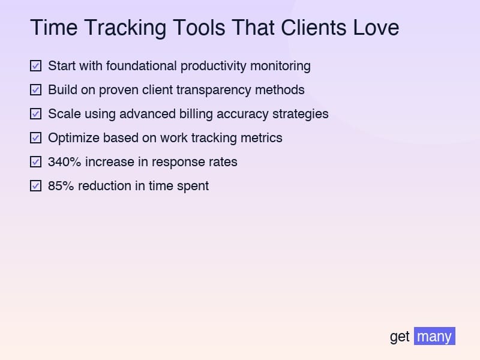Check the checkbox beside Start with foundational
click(x=36, y=65)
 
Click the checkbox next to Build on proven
click(x=36, y=89)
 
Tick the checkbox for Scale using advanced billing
click(x=36, y=113)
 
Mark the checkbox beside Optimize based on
click(x=36, y=137)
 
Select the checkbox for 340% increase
click(x=36, y=161)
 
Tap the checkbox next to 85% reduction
click(x=36, y=185)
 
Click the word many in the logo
click(x=434, y=336)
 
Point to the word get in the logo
click(x=400, y=336)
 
